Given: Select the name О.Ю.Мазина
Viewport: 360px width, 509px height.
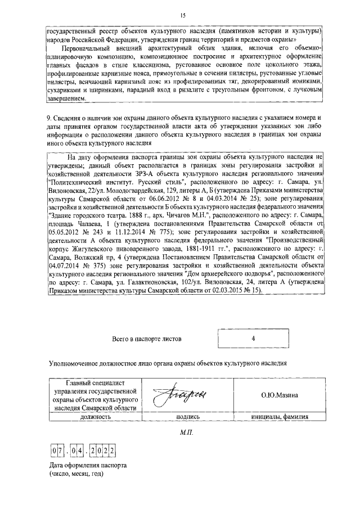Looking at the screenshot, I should (x=279, y=395).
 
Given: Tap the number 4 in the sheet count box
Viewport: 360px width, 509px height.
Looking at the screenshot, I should (x=254, y=339).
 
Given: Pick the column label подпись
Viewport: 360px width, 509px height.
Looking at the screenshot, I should (x=187, y=417).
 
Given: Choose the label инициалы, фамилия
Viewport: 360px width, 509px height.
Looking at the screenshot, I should (x=279, y=417).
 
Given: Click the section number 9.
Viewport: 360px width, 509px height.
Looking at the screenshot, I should (x=50, y=118).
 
